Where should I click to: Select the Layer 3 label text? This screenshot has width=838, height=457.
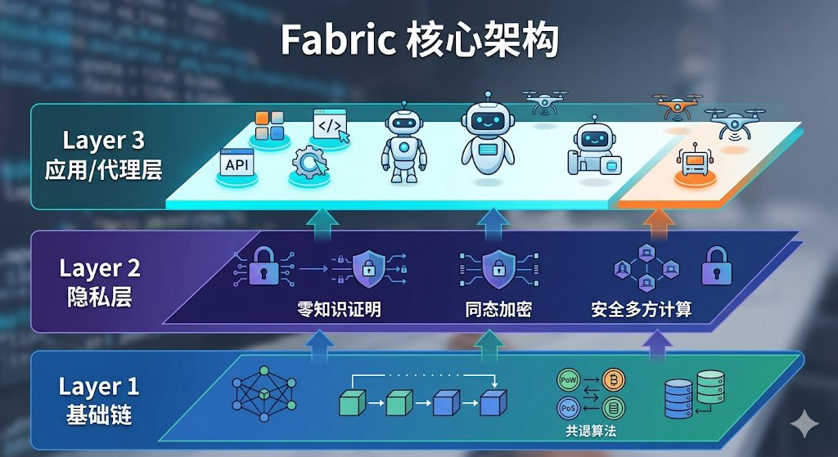point(103,140)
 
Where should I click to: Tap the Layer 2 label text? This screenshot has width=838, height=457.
point(99,267)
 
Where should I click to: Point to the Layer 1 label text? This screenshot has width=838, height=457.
point(99,385)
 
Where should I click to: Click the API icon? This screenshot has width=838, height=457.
point(237,164)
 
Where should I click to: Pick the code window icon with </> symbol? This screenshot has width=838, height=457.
point(330,127)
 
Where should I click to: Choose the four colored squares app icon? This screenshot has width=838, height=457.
point(268,126)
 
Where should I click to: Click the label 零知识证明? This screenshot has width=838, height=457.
point(339,310)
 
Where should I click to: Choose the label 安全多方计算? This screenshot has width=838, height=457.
point(642,310)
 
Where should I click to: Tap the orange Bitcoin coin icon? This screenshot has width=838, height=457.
point(611,380)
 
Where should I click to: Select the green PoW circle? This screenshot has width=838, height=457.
point(568,380)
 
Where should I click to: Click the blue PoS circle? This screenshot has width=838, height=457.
point(568,407)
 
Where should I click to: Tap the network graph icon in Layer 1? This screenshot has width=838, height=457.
point(264,393)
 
